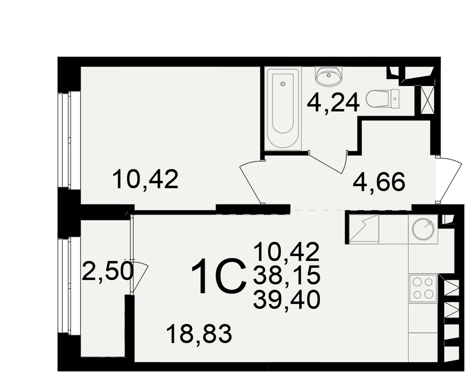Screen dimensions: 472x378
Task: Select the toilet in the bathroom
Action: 382,98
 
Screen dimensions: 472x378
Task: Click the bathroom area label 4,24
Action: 333,103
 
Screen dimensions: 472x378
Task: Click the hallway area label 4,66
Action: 379,182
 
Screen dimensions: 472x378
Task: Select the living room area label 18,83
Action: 199,334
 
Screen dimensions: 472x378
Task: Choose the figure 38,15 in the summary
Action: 287,276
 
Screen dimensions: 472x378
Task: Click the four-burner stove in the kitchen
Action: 423,288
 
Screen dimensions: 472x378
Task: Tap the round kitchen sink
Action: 423,229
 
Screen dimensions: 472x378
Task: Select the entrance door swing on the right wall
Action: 448,180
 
